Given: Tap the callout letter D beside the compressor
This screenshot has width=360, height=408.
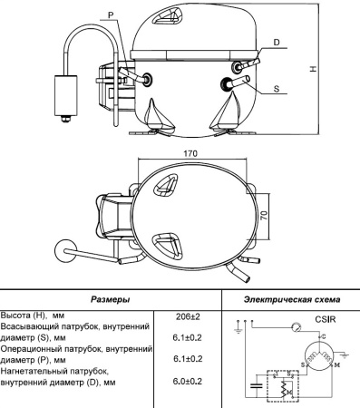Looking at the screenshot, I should [276, 43].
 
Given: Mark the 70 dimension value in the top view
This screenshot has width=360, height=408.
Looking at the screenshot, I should [263, 219].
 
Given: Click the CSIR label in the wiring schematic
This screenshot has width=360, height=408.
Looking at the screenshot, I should [326, 319].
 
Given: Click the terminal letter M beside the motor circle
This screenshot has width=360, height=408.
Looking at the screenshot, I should [336, 364].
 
